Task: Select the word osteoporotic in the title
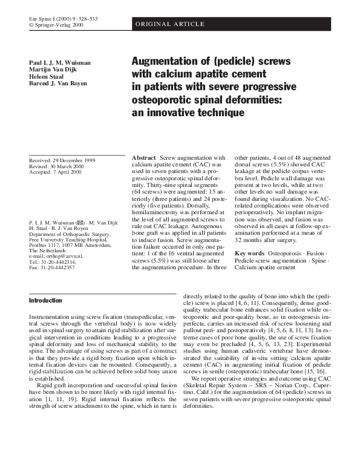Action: coord(163,100)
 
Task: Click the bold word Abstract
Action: coord(144,157)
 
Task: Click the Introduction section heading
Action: coord(45,300)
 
